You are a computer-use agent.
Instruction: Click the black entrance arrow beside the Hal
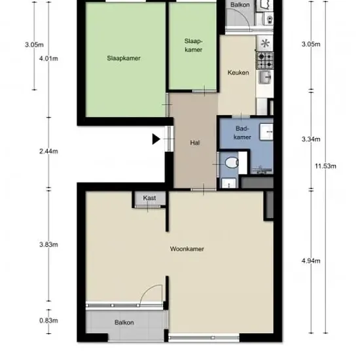point(156,139)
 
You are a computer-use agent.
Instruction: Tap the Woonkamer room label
point(187,249)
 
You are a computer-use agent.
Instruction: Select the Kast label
point(149,198)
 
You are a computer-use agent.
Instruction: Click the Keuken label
point(238,73)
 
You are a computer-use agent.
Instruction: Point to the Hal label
point(194,143)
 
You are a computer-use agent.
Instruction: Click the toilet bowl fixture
point(232,162)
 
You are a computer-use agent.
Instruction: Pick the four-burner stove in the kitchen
point(265,61)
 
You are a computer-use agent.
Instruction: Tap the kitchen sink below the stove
point(265,77)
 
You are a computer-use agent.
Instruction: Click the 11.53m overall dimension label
point(325,166)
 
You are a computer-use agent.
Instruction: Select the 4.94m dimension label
point(311,261)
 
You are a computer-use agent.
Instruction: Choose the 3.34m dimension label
point(311,139)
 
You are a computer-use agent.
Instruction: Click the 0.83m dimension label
point(48,320)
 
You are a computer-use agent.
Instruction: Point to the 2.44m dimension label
point(48,151)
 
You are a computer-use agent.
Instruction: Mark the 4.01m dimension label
point(48,58)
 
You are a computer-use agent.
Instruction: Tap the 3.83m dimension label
point(48,245)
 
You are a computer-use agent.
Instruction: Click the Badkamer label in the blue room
point(242,133)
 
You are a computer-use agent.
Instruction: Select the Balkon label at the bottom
point(124,323)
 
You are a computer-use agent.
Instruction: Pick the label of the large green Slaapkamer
point(124,58)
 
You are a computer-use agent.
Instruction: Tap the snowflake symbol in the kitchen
point(265,43)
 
